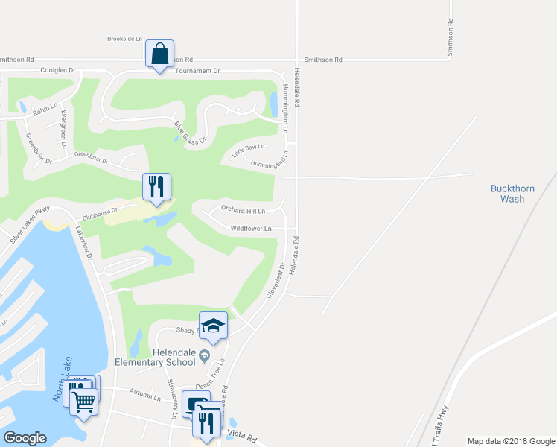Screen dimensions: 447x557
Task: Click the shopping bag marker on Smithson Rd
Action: (x=159, y=54)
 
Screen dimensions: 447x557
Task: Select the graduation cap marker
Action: (x=213, y=326)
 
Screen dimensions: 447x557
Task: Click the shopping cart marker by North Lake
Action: (x=83, y=403)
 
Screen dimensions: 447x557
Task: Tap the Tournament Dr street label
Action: (x=197, y=71)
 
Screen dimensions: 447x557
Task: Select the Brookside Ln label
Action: (x=124, y=38)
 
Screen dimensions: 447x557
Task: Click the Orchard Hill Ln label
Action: (x=243, y=211)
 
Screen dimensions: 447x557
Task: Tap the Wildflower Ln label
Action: (x=250, y=229)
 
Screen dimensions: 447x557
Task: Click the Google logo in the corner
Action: (x=25, y=438)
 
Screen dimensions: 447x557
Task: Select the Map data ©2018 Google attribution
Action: (x=510, y=441)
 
